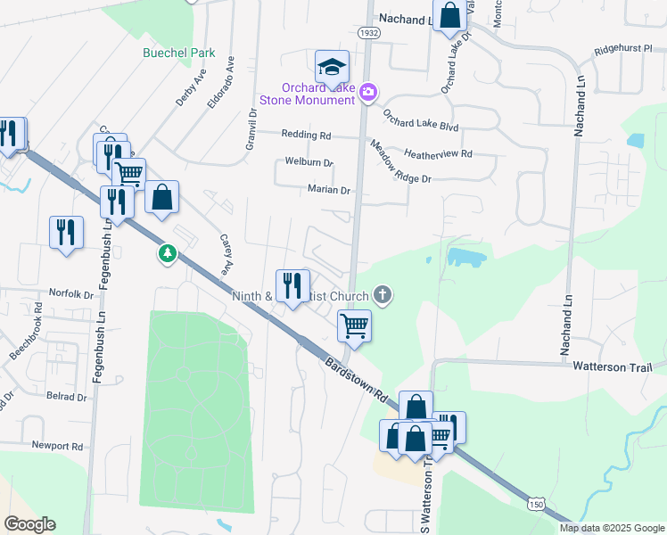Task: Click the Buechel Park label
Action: [x=179, y=53]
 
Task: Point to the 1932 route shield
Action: [x=367, y=32]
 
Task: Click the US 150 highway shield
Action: [x=535, y=506]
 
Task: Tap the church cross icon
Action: [x=383, y=293]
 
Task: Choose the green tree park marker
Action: [x=167, y=254]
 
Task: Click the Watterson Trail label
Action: [x=612, y=366]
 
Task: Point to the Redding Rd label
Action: [x=306, y=135]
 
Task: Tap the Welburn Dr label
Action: [x=309, y=162]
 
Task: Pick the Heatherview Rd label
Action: [x=438, y=153]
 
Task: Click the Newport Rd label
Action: [x=56, y=446]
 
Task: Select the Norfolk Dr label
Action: [x=70, y=293]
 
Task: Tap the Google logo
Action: [x=29, y=524]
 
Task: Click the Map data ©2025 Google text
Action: [x=611, y=528]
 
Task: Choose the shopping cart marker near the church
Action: [x=355, y=325]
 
